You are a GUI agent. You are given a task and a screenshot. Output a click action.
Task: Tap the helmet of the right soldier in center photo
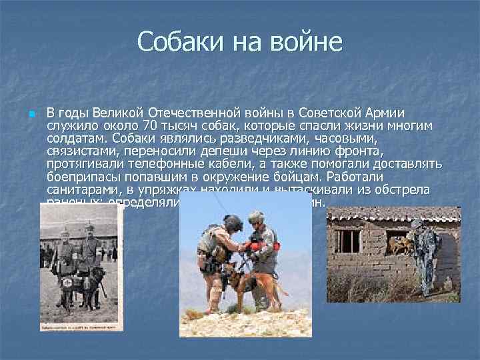click(257, 217)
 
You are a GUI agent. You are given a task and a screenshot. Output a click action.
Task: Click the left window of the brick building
click(350, 241)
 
